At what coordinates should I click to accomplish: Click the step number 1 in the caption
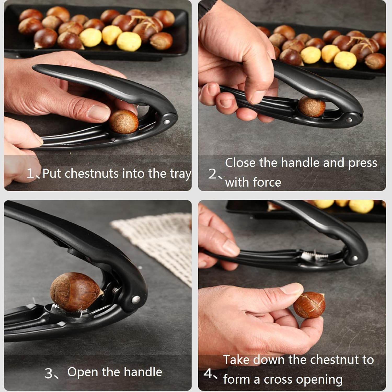(31, 173)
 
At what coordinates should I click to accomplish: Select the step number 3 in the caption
(49, 373)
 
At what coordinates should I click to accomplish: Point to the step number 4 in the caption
(208, 373)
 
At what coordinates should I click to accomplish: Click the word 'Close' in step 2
(240, 163)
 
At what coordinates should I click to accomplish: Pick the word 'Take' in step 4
(237, 360)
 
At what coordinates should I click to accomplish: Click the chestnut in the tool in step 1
(123, 122)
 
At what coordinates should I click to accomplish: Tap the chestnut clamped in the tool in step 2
(312, 107)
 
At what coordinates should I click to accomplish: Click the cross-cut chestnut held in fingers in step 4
(309, 305)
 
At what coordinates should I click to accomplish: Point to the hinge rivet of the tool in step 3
(135, 299)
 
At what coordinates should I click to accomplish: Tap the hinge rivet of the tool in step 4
(354, 258)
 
